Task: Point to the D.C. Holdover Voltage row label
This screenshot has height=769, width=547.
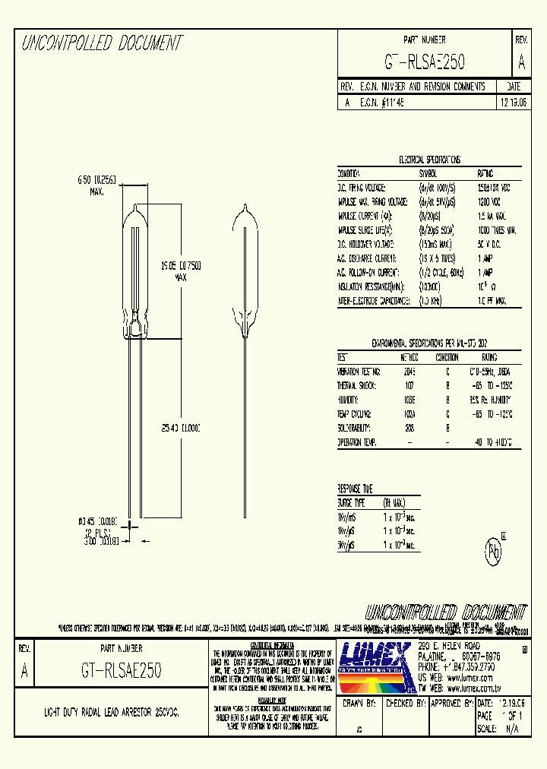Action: [x=362, y=244]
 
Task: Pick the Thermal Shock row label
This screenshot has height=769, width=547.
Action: [x=358, y=385]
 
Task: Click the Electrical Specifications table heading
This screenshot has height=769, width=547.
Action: [x=429, y=160]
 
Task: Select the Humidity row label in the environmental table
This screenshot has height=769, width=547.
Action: [x=352, y=400]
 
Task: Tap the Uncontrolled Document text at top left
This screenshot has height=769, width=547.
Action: [x=102, y=43]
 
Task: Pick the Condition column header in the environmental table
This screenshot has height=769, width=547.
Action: [x=447, y=357]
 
